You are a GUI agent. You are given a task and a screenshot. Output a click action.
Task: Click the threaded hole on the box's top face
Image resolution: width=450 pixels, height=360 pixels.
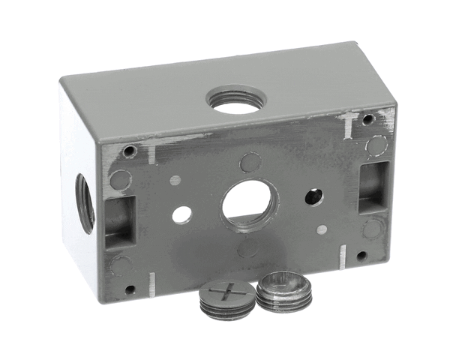coord(235,100)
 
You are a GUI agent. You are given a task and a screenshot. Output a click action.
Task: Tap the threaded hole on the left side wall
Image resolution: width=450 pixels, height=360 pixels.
coord(84,203)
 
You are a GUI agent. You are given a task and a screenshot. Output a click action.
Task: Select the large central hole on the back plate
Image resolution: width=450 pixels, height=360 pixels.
coord(248,203)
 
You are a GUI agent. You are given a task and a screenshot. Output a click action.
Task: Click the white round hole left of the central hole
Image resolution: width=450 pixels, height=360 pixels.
coord(181,215)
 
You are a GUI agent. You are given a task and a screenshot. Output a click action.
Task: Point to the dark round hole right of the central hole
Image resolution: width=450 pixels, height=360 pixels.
coord(313,197)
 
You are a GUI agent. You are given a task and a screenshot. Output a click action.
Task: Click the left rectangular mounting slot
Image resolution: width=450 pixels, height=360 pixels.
coord(118,221)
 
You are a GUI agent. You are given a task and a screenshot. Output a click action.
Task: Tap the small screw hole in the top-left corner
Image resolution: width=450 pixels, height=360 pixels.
coord(130,151)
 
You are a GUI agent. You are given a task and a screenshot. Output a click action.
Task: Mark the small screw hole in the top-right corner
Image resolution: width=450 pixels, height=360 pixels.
coord(368,119)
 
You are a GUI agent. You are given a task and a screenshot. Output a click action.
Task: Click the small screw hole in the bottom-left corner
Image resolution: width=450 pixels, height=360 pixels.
coord(130,289)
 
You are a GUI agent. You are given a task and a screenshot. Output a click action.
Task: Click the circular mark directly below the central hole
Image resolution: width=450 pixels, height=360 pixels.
coord(247,248)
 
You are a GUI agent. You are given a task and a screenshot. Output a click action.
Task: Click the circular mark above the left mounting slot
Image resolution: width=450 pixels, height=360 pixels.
coord(120,179)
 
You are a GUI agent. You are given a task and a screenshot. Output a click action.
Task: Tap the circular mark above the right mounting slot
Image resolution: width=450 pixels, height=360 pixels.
coord(376,145)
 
